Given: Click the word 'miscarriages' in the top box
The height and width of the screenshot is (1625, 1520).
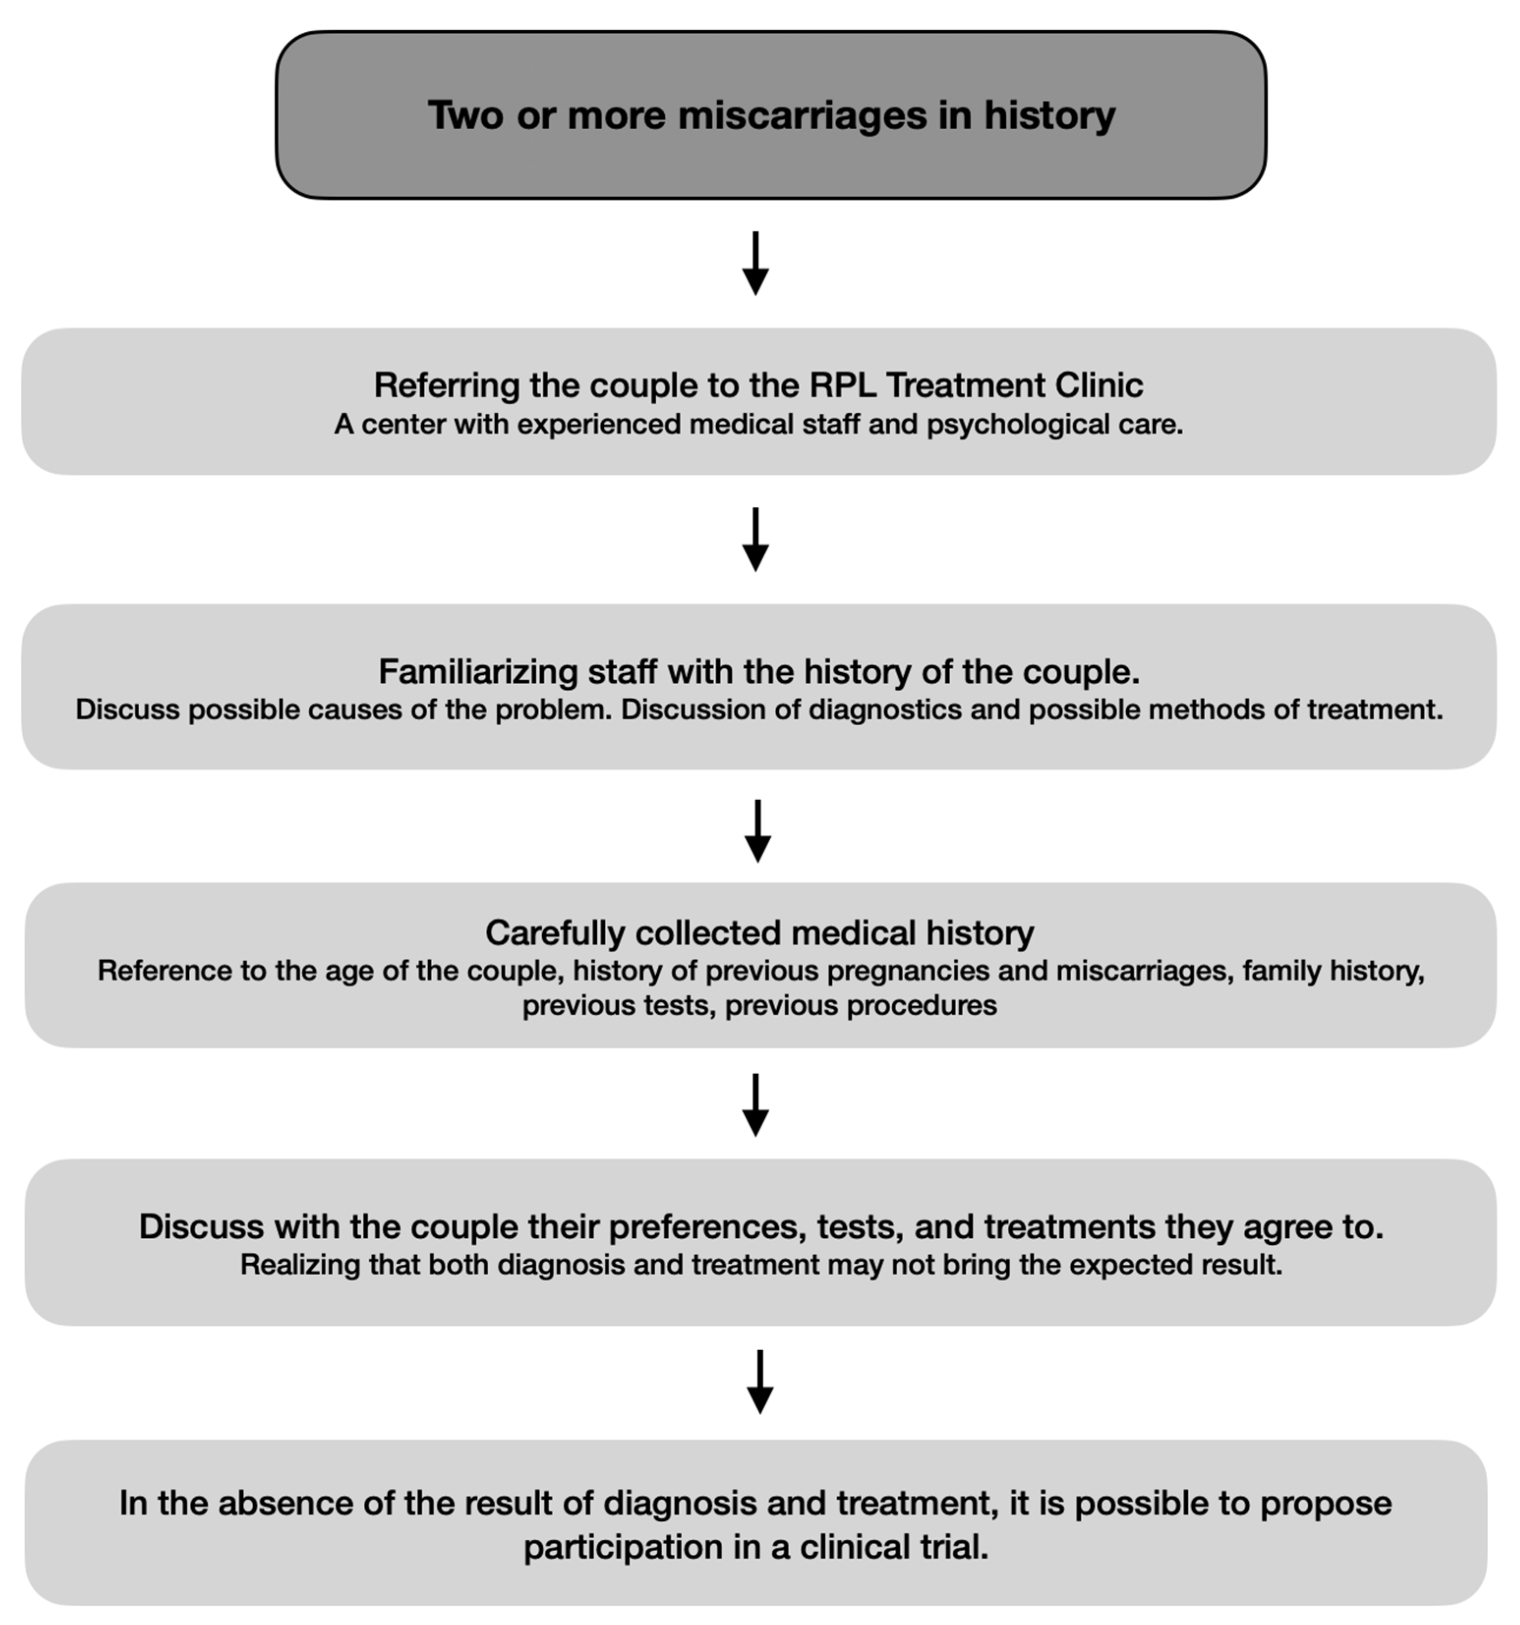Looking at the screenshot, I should pos(802,115).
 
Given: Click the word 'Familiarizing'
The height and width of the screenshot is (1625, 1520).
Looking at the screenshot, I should pos(477,672).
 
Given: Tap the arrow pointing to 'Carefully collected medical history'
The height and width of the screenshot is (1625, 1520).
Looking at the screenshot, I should pos(758,831).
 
